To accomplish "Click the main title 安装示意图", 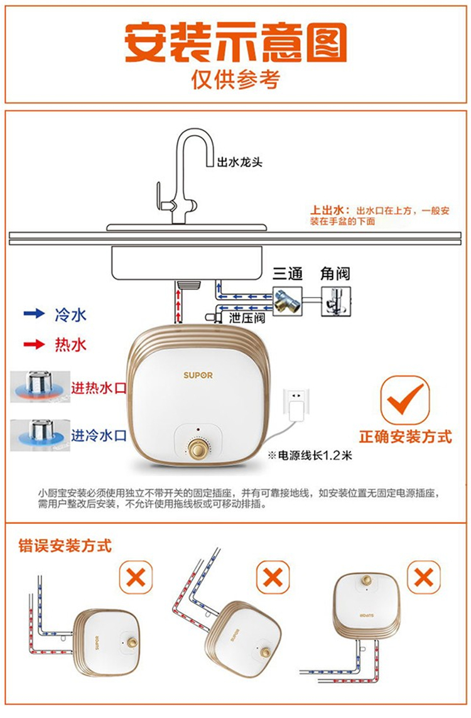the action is pos(235,42).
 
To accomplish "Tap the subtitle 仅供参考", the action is pos(235,79).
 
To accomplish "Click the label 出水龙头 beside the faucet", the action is pos(239,162).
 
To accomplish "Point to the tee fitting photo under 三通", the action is pos(288,301).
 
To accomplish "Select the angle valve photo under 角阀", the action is pos(336,301).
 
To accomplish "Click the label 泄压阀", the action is pos(247,317).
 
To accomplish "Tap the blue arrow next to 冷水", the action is pos(35,313).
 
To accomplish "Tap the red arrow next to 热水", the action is pos(35,344).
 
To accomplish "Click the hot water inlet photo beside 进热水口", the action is pos(40,386).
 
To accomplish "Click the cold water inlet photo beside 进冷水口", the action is pos(40,435).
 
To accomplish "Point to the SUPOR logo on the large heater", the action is pos(198,375).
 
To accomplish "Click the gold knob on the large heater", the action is pos(198,449).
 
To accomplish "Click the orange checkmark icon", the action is pos(405,400).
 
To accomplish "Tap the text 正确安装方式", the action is pos(406,437).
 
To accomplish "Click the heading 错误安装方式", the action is pos(65,546).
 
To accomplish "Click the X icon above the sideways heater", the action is pos(136,577).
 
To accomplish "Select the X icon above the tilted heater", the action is pos(273,577).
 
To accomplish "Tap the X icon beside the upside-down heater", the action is pos(424,577).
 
